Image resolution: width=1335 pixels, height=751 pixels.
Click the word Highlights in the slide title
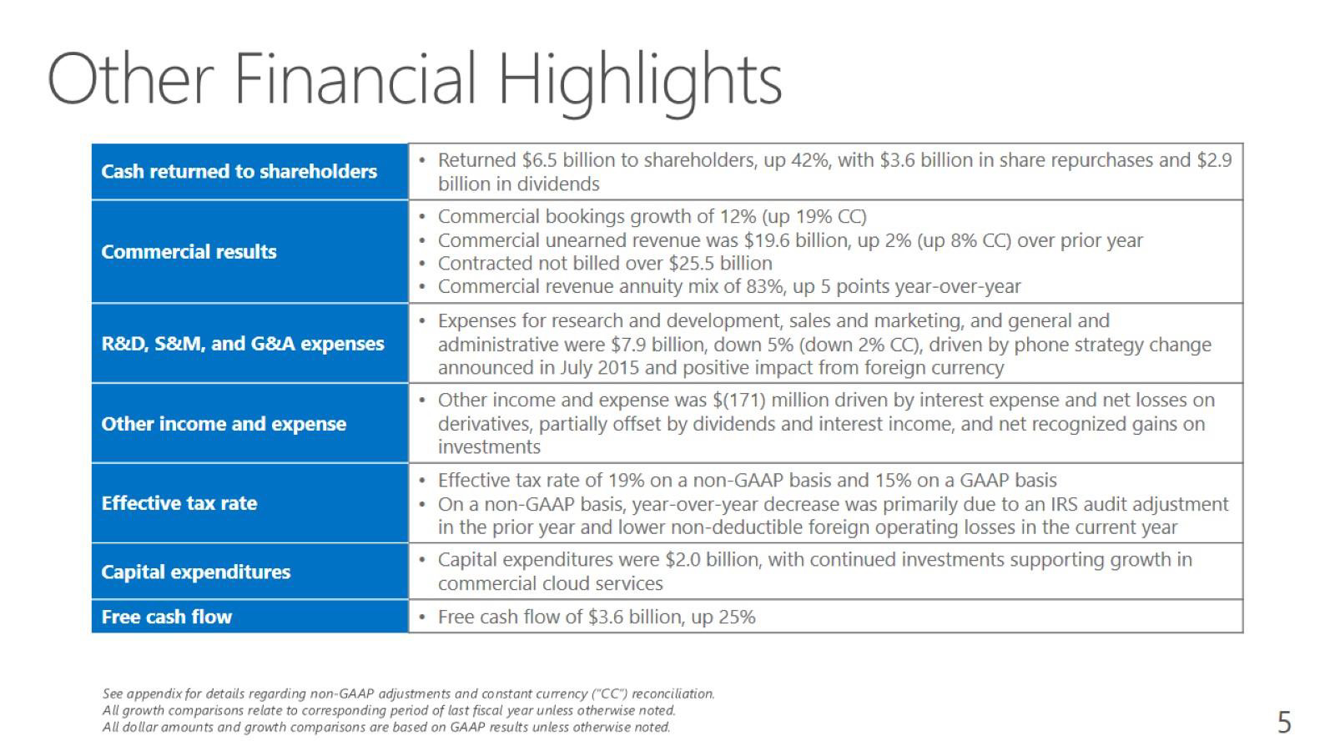coord(639,83)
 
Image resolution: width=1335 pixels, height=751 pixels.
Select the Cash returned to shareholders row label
coord(239,172)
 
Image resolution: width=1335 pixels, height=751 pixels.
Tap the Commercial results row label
coord(189,251)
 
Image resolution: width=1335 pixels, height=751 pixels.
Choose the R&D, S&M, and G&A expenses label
coord(243,344)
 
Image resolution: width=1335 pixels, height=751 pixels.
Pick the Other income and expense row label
coord(224,424)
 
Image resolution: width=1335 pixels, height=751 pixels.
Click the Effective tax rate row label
coord(179,503)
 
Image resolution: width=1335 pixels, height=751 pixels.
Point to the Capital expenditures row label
coord(195,572)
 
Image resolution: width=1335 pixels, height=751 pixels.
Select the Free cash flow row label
coord(166,617)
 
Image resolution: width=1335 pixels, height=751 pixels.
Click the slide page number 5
coord(1284,723)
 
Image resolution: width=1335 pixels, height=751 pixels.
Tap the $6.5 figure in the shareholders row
coord(539,160)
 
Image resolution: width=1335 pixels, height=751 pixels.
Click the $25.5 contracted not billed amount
coord(692,264)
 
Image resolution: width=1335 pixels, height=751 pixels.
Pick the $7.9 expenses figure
coord(629,345)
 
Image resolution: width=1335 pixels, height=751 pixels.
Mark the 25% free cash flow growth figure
coord(737,617)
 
